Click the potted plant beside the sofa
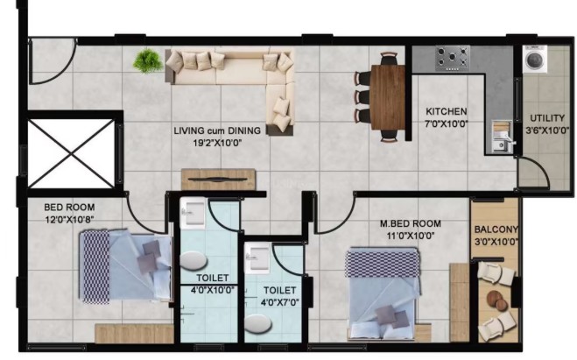[148, 61]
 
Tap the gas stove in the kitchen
[453, 58]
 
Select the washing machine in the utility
[535, 59]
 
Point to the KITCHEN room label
[447, 111]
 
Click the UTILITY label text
[547, 118]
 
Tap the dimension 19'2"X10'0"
[217, 143]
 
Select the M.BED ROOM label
[411, 223]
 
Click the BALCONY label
[496, 229]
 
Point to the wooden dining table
[388, 97]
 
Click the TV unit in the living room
[218, 180]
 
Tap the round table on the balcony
[496, 300]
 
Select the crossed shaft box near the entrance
[72, 153]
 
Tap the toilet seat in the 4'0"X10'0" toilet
[194, 260]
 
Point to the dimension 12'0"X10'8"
[69, 220]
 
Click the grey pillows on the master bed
[392, 316]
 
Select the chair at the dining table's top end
[389, 58]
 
